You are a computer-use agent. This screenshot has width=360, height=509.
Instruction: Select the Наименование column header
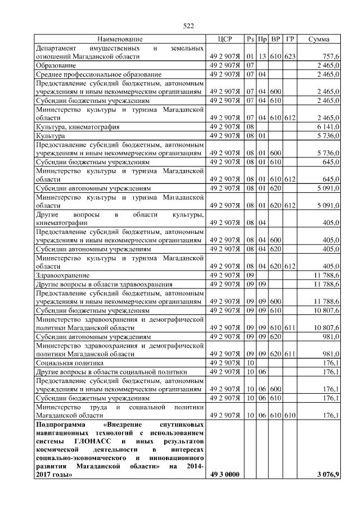120,39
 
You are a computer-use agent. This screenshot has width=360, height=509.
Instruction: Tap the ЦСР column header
224,39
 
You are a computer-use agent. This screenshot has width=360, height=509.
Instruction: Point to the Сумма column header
319,39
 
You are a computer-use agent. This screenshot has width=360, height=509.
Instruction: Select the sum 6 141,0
327,127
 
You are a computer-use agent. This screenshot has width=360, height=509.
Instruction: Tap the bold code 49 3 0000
224,476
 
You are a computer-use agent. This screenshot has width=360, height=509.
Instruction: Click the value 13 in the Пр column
262,57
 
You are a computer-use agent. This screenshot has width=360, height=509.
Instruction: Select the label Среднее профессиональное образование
91,74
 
